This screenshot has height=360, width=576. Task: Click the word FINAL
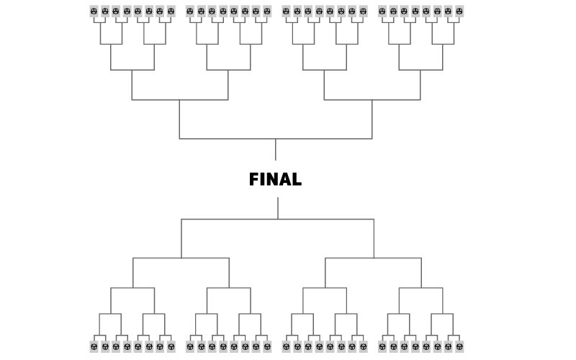click(x=275, y=180)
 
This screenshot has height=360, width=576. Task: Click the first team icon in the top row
click(x=94, y=12)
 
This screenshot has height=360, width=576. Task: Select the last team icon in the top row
click(x=459, y=12)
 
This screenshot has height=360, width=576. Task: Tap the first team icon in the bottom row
click(x=94, y=347)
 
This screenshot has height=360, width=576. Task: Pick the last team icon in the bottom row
click(x=459, y=347)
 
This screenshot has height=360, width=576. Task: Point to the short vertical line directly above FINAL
click(x=275, y=149)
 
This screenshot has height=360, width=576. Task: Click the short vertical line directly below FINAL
click(x=278, y=208)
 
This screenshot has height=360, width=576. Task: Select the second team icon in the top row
click(x=104, y=12)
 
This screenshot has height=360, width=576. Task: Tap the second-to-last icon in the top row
click(x=449, y=12)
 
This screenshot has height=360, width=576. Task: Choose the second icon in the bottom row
click(x=104, y=347)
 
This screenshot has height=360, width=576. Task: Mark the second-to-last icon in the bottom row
click(x=449, y=347)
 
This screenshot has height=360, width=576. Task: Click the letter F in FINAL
click(x=254, y=180)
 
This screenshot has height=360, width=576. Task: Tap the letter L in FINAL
click(x=297, y=180)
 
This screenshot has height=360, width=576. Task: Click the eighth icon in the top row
click(x=171, y=12)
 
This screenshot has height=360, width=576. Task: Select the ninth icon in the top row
click(x=190, y=12)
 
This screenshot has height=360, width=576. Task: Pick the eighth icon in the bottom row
click(x=171, y=347)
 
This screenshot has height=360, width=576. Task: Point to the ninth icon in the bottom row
click(x=190, y=347)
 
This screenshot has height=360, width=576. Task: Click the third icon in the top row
click(x=115, y=12)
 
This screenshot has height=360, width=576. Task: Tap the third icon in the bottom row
click(x=115, y=347)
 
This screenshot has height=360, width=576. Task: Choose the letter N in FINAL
click(x=271, y=180)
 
